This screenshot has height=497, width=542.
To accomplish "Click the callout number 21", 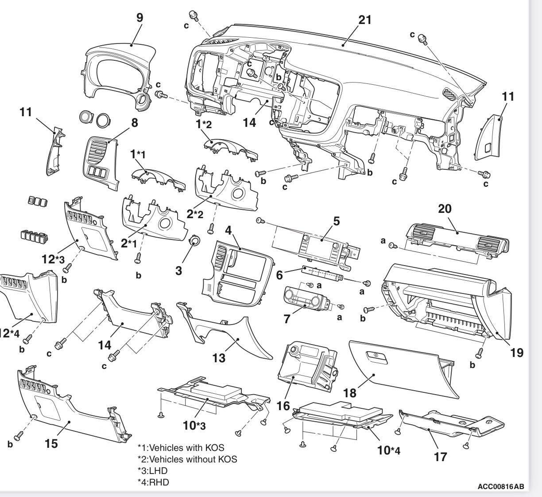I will point(364,20).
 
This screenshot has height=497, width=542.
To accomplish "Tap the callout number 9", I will point(139,18).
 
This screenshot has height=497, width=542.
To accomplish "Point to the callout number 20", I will point(445,208).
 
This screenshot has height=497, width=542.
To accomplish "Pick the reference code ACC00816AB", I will point(500,487).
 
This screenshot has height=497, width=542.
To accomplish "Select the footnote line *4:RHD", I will point(153,482).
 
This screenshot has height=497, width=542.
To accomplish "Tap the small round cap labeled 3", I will point(194,242).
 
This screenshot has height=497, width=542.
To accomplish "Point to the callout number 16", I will point(283,406).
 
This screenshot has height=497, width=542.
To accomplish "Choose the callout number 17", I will point(440,456).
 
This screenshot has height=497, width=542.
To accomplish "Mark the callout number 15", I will point(51,443).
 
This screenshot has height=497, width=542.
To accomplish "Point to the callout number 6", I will point(279,275).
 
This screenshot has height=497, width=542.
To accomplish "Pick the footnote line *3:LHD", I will point(153,470).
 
